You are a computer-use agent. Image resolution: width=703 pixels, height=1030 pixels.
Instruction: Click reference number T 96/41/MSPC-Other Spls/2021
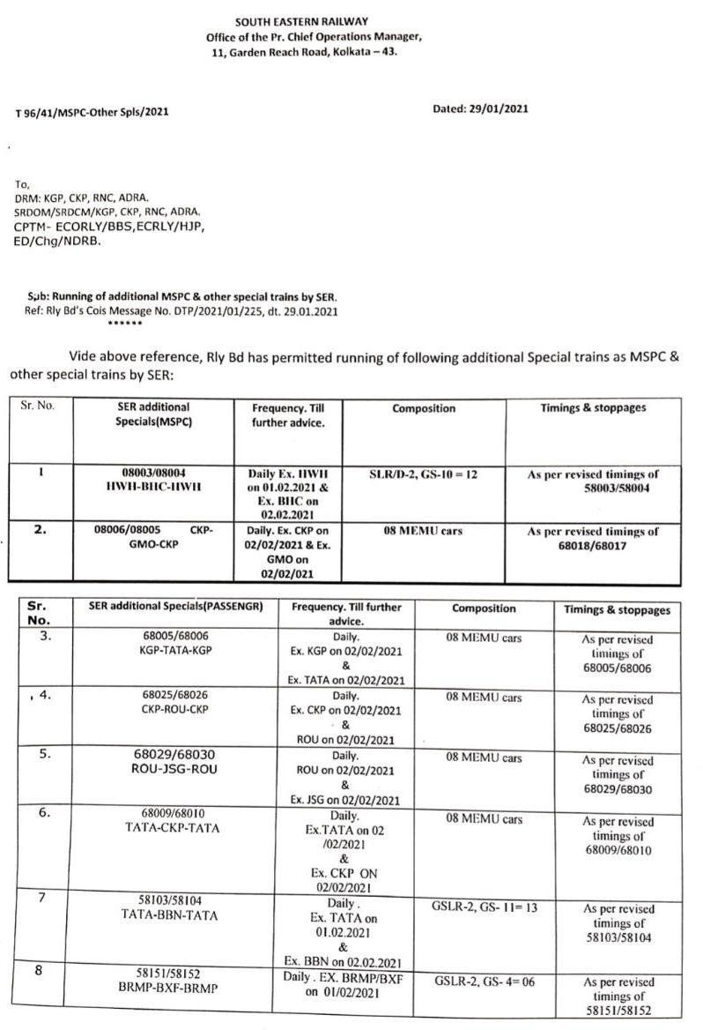point(92,113)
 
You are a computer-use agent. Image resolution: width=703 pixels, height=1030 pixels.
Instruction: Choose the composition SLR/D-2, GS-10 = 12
point(423,474)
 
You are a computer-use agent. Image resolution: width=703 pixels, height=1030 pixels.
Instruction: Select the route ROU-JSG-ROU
point(174,769)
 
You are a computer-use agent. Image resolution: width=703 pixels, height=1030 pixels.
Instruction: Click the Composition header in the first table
point(424,408)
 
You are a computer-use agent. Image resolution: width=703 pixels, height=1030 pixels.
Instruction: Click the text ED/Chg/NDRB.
point(57,241)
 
